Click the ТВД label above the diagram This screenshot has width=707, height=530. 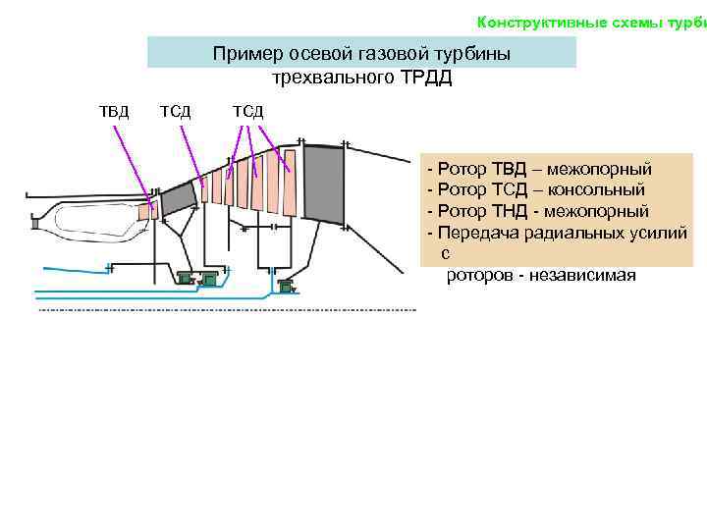click(x=114, y=110)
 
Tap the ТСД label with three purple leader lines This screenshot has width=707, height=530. click(x=247, y=110)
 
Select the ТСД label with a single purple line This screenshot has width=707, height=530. click(x=175, y=110)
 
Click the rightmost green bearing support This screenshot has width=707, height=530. click(x=286, y=287)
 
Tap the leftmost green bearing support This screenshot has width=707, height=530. click(x=185, y=279)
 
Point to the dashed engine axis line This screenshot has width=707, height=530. click(x=226, y=310)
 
